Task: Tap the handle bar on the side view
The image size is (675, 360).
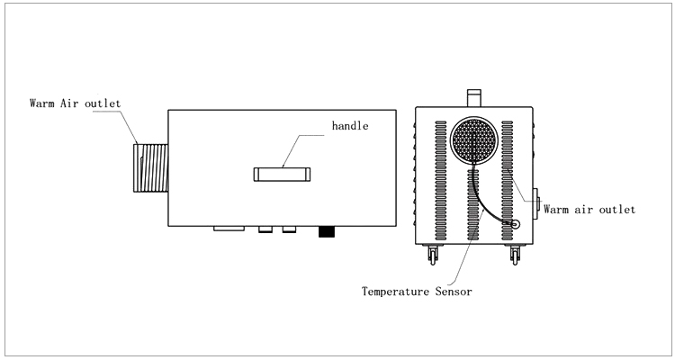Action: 282,174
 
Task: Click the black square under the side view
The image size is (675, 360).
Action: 327,232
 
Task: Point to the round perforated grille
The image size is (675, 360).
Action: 476,142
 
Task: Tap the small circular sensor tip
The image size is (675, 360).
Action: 516,223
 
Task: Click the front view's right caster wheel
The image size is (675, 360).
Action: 516,256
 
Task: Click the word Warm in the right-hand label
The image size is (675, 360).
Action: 559,209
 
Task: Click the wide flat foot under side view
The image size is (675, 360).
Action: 228,229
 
